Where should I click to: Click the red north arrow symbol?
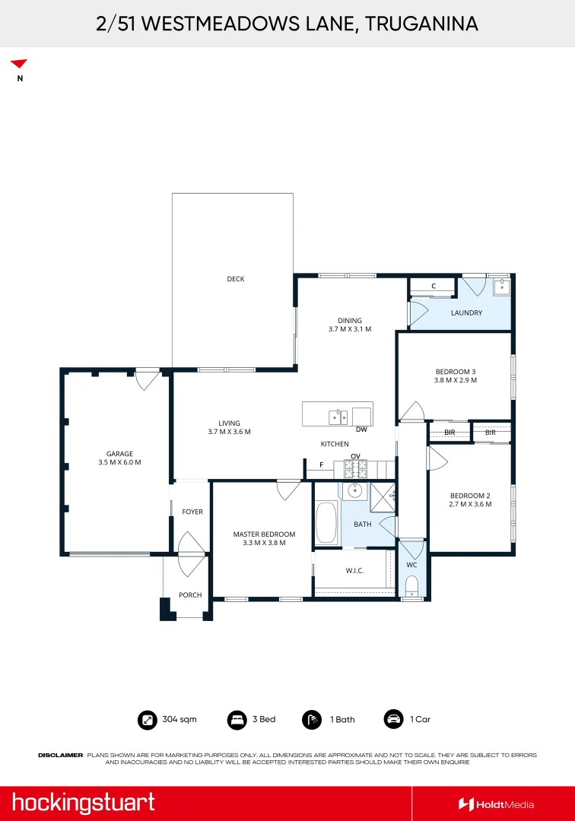pyautogui.click(x=19, y=64)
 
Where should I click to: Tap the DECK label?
pyautogui.click(x=236, y=279)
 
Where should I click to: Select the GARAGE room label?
pyautogui.click(x=119, y=454)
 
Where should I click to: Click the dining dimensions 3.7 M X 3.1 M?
pyautogui.click(x=350, y=329)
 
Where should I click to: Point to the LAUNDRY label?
pyautogui.click(x=466, y=312)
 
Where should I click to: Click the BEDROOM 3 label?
pyautogui.click(x=455, y=371)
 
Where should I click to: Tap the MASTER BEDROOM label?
pyautogui.click(x=264, y=534)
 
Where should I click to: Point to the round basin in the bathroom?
pyautogui.click(x=354, y=490)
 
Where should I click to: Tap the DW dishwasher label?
pyautogui.click(x=361, y=430)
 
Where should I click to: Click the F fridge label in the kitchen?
pyautogui.click(x=321, y=464)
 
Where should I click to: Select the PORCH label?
pyautogui.click(x=190, y=595)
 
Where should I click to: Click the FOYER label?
pyautogui.click(x=192, y=512)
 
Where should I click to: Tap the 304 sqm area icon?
pyautogui.click(x=146, y=719)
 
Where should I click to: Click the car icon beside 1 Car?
pyautogui.click(x=393, y=719)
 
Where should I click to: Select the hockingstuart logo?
pyautogui.click(x=83, y=803)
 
